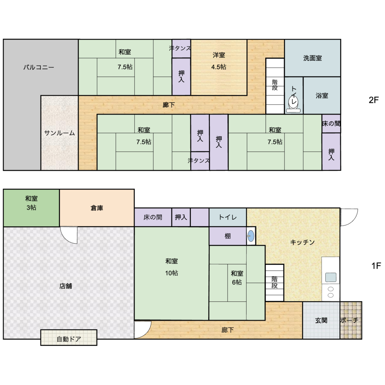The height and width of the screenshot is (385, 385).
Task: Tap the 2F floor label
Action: tap(373, 100)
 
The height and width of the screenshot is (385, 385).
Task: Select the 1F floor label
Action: tap(376, 266)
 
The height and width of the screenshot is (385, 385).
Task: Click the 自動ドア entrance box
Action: tap(69, 338)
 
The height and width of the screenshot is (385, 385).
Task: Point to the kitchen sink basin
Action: tap(331, 277)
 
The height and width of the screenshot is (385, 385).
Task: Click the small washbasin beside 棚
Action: tap(251, 236)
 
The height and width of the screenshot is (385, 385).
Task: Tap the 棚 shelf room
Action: tap(228, 236)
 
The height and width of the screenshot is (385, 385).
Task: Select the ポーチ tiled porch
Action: tap(351, 320)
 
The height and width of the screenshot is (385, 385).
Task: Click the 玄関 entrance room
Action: tap(321, 320)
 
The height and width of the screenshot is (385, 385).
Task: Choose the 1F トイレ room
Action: tap(228, 217)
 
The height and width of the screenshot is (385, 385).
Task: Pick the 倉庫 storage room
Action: tap(97, 208)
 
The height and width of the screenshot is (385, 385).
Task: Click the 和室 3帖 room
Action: tap(31, 208)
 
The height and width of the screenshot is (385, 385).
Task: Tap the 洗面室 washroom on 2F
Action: tap(312, 58)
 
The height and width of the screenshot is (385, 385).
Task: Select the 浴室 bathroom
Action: tap(322, 95)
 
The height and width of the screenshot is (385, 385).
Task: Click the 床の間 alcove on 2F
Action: tap(331, 123)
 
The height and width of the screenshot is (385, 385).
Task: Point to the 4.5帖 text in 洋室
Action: tap(219, 67)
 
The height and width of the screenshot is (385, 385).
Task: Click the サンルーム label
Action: tap(59, 133)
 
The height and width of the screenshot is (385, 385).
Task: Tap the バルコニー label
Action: tap(39, 68)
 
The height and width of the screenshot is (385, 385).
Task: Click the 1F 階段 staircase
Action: tap(275, 283)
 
